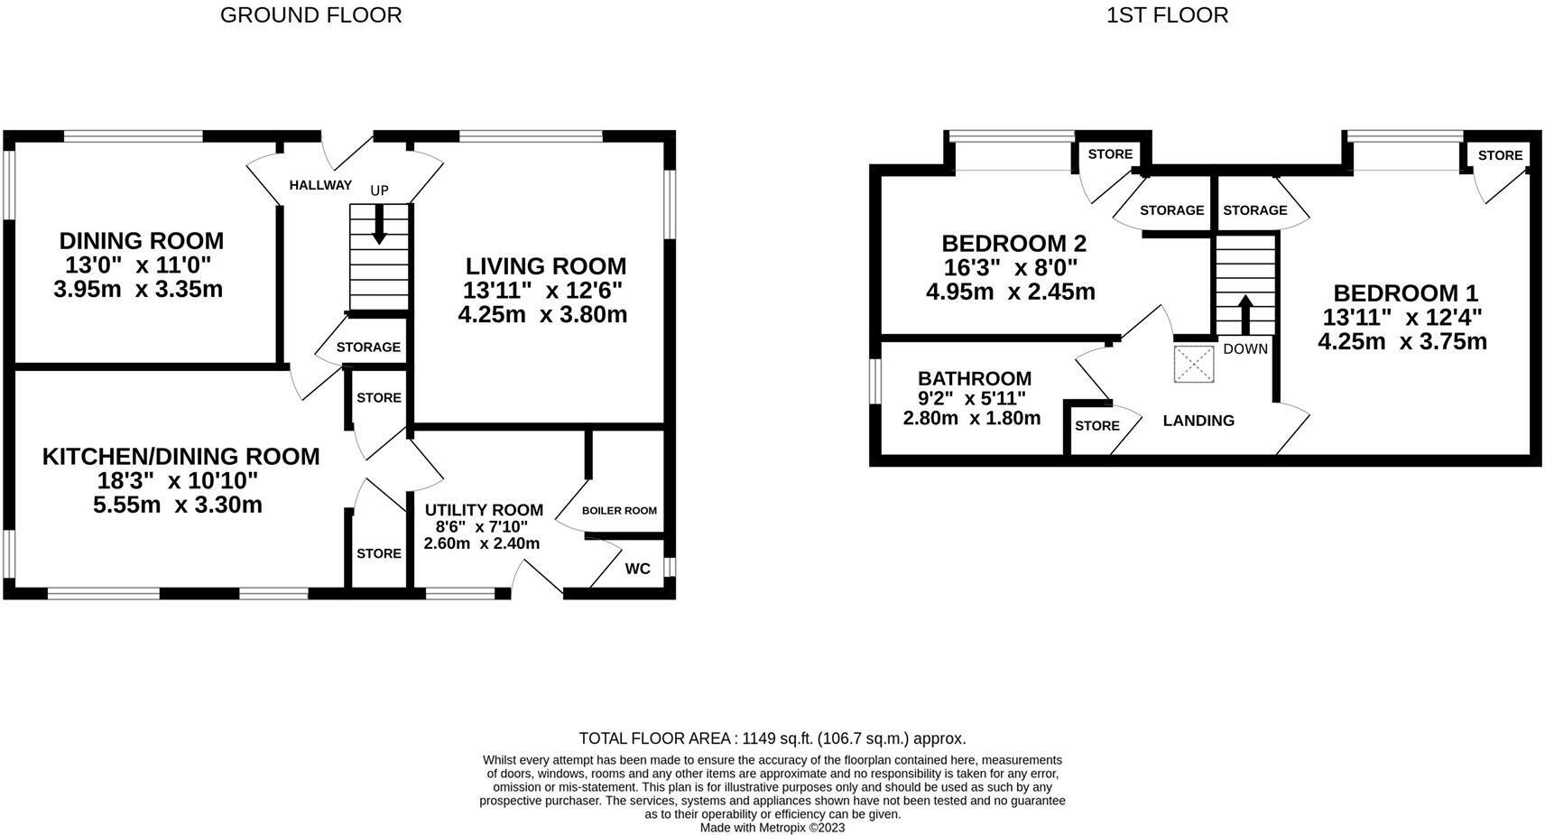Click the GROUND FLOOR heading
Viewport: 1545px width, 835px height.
[310, 15]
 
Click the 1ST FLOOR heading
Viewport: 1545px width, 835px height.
[1167, 15]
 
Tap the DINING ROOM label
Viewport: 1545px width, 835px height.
[141, 241]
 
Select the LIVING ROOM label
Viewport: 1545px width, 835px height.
[545, 266]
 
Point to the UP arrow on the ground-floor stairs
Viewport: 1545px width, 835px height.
[379, 224]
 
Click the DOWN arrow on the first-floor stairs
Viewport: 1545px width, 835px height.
[1244, 314]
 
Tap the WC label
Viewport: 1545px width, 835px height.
[637, 569]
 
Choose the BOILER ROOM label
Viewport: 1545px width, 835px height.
[619, 511]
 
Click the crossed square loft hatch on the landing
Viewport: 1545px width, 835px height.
[1194, 364]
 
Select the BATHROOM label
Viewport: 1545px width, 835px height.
[974, 379]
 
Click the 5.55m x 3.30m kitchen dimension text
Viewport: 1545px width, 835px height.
[178, 506]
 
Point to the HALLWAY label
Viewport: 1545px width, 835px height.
[320, 185]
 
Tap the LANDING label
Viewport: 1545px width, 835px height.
[1198, 421]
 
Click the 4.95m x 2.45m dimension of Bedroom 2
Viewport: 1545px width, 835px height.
[1010, 292]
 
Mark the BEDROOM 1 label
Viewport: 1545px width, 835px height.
[1405, 293]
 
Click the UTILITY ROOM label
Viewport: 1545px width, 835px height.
[484, 510]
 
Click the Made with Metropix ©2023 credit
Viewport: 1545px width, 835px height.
[772, 827]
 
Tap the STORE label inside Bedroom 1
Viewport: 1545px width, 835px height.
[1500, 155]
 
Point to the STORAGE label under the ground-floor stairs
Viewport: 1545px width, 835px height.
[368, 348]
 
